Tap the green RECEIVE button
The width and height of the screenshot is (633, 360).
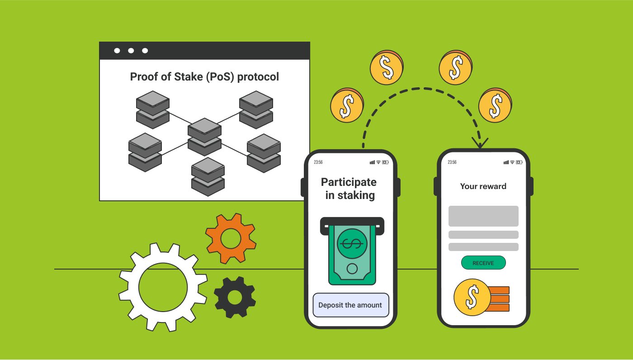pyautogui.click(x=483, y=263)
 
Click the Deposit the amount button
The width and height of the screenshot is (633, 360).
pyautogui.click(x=350, y=305)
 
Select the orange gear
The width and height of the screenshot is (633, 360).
pyautogui.click(x=231, y=238)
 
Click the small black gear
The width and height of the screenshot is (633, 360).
pyautogui.click(x=235, y=297)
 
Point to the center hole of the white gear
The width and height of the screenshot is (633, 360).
pyautogui.click(x=163, y=286)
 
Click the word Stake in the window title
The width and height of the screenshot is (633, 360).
pyautogui.click(x=187, y=77)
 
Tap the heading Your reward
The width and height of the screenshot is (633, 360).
pyautogui.click(x=483, y=186)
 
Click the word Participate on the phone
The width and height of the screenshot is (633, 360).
pyautogui.click(x=349, y=182)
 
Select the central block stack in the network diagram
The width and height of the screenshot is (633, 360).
pyautogui.click(x=204, y=137)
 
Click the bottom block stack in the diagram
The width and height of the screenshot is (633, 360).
pyautogui.click(x=208, y=176)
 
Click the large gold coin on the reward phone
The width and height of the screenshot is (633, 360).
pyautogui.click(x=472, y=297)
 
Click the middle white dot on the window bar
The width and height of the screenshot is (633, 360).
pyautogui.click(x=131, y=51)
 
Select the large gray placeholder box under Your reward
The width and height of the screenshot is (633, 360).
pyautogui.click(x=483, y=216)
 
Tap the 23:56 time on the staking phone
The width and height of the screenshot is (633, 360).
pyautogui.click(x=318, y=162)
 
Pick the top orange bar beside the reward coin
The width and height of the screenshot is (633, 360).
pyautogui.click(x=499, y=290)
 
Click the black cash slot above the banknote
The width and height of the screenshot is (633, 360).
pyautogui.click(x=352, y=223)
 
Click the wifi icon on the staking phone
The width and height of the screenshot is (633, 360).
pyautogui.click(x=378, y=162)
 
